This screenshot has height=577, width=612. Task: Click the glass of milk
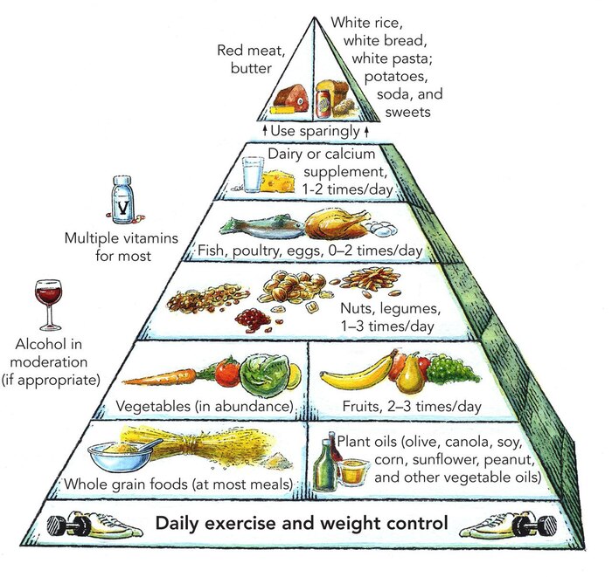[253, 174]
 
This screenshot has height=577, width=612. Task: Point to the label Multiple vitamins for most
[108, 246]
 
